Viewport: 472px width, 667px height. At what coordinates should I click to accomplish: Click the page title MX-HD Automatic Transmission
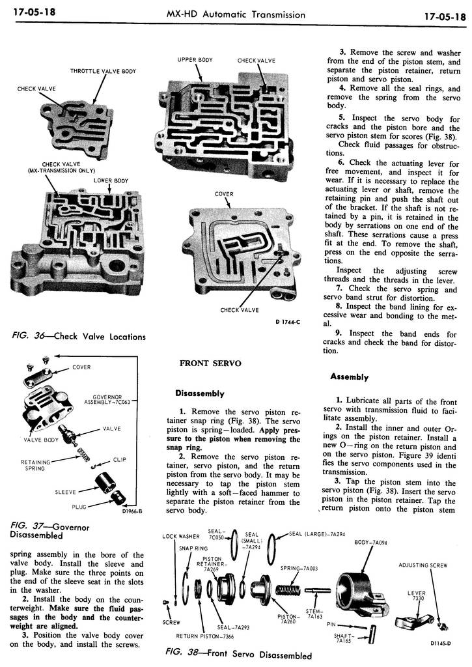click(x=236, y=14)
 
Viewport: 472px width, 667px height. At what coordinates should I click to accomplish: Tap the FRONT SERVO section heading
click(x=205, y=364)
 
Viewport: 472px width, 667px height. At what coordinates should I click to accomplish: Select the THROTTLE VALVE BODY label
click(x=103, y=71)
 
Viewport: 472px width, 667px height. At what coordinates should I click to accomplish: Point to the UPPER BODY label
click(x=195, y=61)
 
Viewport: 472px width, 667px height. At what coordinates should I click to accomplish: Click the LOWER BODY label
click(x=111, y=180)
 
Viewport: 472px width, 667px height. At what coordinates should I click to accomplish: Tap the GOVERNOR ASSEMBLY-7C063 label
click(x=111, y=399)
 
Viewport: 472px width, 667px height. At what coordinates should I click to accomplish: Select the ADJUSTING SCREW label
click(x=423, y=565)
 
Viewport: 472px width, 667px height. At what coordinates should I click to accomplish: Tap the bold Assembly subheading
click(x=349, y=376)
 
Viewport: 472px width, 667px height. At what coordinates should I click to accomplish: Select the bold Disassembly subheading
click(x=199, y=393)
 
